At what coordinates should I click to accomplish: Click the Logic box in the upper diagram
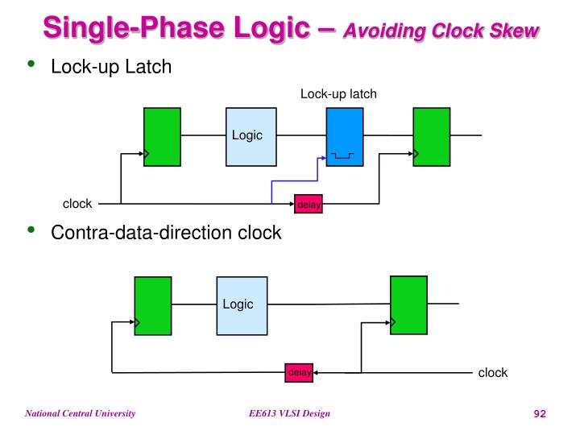(246, 136)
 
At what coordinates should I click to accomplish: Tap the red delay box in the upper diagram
(309, 205)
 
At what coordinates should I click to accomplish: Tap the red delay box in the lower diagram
(299, 372)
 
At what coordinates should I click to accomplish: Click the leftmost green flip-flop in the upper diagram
(162, 136)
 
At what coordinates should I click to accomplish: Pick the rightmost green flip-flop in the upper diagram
(431, 136)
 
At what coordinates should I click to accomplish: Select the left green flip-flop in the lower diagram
(153, 305)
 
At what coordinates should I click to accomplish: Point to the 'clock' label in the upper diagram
(77, 204)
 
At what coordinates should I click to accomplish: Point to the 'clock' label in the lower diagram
(493, 372)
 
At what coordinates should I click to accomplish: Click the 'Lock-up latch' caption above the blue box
(338, 94)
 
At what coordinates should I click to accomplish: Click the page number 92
(540, 414)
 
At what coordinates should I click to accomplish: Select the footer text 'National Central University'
(80, 414)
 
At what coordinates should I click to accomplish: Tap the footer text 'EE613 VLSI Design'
(289, 414)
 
